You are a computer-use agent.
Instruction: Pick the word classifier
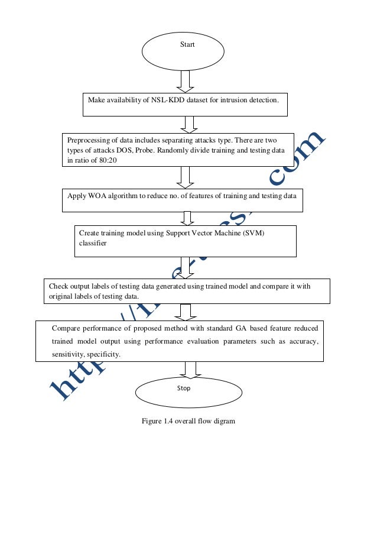click(x=93, y=243)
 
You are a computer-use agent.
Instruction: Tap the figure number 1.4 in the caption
click(x=170, y=421)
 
